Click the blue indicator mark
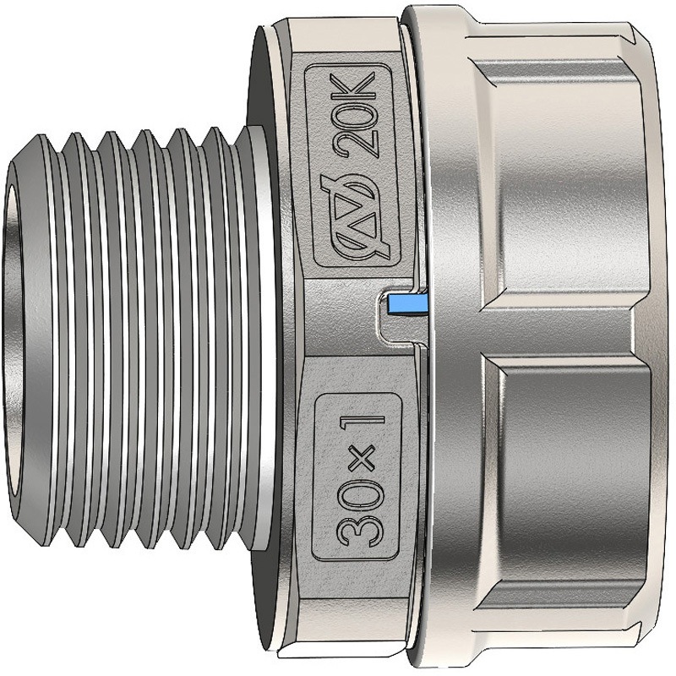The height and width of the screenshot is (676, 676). [x=407, y=303]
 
